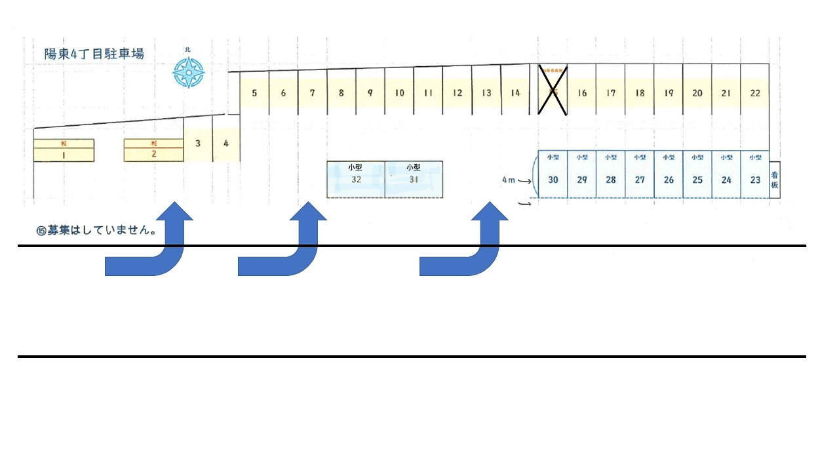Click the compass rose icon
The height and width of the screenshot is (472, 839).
pos(189,72)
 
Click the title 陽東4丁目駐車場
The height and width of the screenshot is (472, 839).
pos(94,54)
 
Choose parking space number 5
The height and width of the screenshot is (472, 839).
pos(254,93)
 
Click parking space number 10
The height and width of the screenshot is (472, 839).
pos(399,93)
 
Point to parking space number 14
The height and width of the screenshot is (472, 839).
pos(515,93)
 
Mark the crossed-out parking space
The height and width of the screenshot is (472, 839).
pos(553,90)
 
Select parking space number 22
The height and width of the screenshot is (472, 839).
pos(755,93)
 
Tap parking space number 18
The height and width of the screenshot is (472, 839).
pos(640,93)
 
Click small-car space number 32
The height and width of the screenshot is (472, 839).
pos(356,179)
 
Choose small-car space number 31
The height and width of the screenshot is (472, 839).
pos(414,179)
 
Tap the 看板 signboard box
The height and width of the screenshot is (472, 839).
pos(774,180)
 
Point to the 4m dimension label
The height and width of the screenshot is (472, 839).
pos(508,180)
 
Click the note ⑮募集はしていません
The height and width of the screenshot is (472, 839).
pos(96,231)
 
